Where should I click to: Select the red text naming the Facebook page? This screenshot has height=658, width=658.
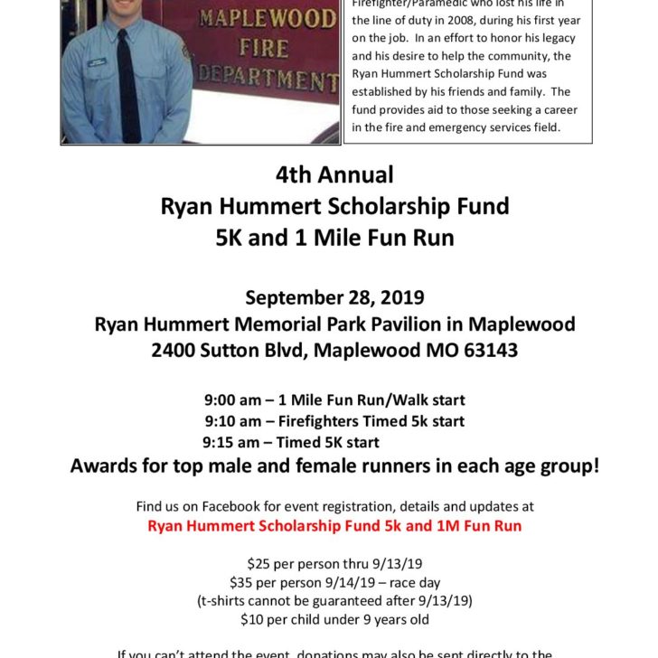(334, 526)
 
